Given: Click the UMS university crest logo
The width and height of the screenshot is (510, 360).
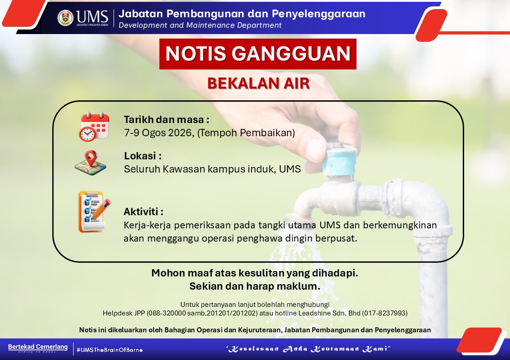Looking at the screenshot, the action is coord(65,18).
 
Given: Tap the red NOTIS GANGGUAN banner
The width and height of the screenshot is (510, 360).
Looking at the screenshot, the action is coord(257,54).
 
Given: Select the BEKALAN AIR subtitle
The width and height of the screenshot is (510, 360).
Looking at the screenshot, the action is coord(258,83).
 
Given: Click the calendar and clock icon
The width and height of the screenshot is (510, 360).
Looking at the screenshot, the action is coord(94,127).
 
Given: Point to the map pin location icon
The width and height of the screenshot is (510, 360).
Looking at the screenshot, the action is coord(90,163).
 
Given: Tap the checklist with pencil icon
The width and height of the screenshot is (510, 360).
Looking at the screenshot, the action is coord(94,212).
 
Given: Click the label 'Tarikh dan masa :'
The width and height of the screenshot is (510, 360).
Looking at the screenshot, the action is coord(167,120).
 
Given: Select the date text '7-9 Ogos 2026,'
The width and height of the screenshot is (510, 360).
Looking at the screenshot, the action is coord(159,133).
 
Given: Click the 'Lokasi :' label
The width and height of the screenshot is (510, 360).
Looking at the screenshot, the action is coord(143,156).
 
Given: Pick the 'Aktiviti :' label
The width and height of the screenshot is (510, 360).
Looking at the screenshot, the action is coord(144,212).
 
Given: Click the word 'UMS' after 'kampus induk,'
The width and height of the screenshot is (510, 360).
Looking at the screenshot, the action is coord(290,169).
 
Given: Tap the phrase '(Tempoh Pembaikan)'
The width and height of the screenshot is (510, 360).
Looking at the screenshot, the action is coord(246,133).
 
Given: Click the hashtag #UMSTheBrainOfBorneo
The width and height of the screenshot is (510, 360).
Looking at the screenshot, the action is coord(109,350).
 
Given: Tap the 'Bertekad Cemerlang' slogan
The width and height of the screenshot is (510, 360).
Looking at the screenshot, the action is coord(38,347).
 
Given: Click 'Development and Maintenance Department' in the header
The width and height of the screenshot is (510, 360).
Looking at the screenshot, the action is coord(200,25).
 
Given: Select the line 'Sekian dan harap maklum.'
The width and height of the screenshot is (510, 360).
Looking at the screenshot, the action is coord(255,286).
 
